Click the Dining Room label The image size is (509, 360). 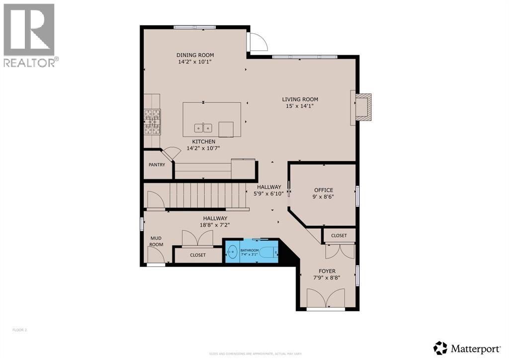(x=195, y=55)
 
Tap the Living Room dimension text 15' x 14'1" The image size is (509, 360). (x=300, y=106)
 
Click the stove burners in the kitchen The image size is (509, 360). (x=153, y=122)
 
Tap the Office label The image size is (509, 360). (x=323, y=190)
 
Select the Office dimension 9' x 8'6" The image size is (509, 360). (x=323, y=197)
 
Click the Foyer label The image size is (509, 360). (x=327, y=271)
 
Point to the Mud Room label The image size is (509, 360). (x=157, y=241)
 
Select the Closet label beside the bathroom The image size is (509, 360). (x=197, y=255)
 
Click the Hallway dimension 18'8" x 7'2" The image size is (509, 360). (x=215, y=225)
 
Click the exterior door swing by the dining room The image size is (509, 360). (x=257, y=42)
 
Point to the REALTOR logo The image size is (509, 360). (x=30, y=35)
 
